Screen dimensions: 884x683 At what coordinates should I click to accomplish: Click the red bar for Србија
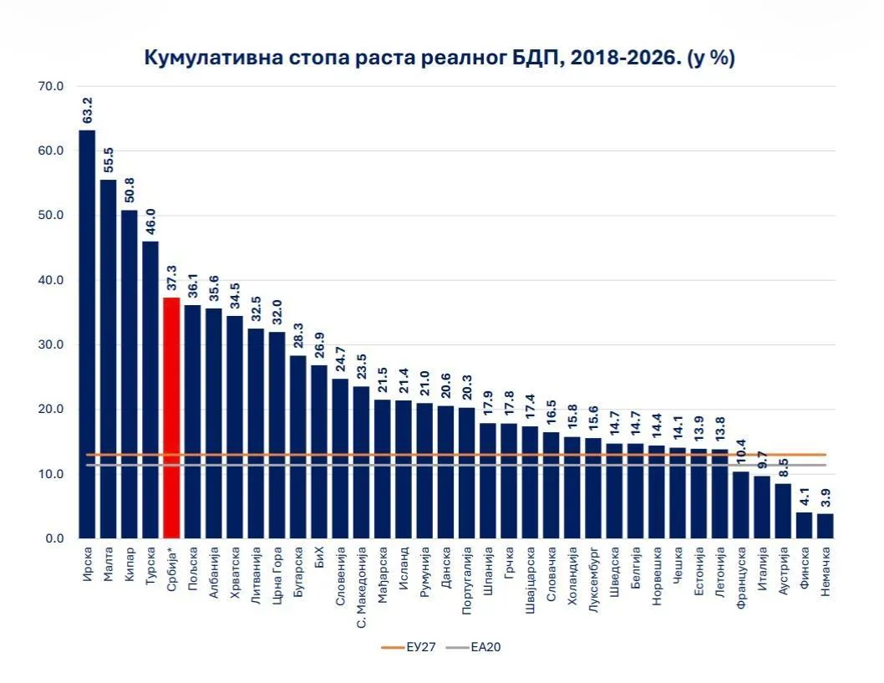[x=171, y=418]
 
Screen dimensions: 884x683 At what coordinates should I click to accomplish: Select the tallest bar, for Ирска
[x=88, y=334]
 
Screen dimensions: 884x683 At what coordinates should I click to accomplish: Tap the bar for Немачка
[x=826, y=526]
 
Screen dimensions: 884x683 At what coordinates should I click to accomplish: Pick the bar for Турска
[x=150, y=390]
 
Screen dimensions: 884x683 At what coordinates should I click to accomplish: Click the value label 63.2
[x=88, y=110]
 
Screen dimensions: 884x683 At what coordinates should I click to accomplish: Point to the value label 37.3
[x=171, y=278]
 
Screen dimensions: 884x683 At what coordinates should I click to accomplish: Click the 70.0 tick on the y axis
[x=51, y=86]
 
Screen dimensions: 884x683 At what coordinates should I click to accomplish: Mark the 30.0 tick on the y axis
[x=51, y=344]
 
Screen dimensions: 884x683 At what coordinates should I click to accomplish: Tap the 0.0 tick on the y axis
[x=54, y=538]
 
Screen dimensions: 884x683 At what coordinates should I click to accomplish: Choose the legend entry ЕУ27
[x=409, y=647]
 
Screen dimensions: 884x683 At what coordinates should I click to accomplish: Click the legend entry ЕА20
[x=474, y=647]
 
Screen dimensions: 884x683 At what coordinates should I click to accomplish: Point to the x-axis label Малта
[x=109, y=563]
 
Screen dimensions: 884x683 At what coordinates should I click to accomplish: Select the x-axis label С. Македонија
[x=362, y=587]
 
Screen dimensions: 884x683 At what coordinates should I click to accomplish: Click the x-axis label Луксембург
[x=594, y=579]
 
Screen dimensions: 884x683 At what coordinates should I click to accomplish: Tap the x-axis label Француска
[x=741, y=578]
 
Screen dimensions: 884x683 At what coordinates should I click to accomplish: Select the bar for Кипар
[x=130, y=375]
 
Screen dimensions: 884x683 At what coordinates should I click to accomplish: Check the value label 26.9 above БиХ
[x=319, y=346]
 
